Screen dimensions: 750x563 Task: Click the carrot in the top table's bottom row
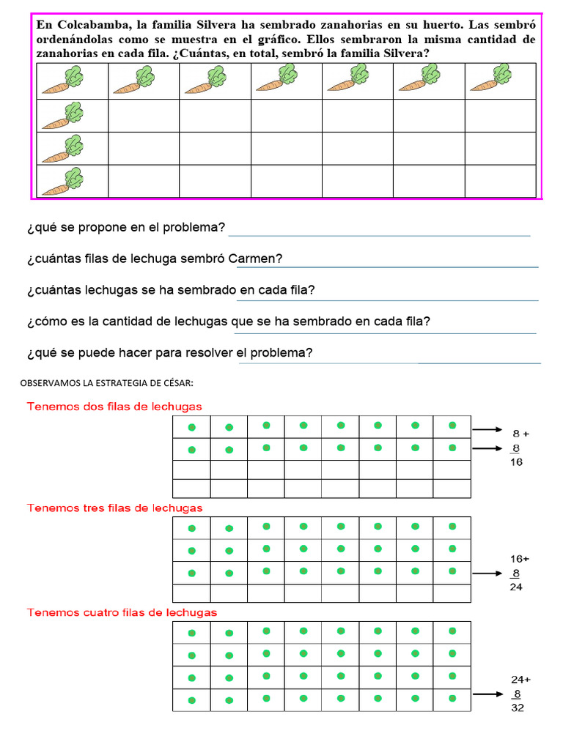point(64,182)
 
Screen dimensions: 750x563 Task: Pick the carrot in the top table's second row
point(64,116)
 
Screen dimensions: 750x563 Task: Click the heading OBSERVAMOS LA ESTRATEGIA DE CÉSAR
point(107,383)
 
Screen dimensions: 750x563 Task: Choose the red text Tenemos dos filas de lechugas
point(114,406)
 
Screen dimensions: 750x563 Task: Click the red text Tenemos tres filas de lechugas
point(115,508)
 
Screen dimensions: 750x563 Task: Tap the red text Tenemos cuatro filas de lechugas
point(122,612)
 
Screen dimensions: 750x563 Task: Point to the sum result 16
point(516,462)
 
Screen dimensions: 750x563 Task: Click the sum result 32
point(517,708)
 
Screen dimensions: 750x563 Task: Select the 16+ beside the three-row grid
point(519,559)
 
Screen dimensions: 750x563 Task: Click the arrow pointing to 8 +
point(486,431)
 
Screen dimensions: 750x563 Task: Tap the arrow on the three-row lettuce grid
point(486,573)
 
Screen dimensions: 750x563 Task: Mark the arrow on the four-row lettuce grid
point(486,694)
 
